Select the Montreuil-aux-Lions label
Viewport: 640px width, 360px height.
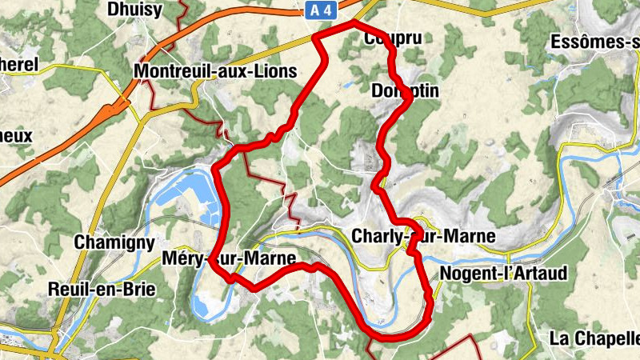pyautogui.click(x=216, y=71)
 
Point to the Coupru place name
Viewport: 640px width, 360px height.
pyautogui.click(x=391, y=38)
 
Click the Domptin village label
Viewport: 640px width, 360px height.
pyautogui.click(x=405, y=91)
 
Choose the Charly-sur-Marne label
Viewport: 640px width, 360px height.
pyautogui.click(x=423, y=237)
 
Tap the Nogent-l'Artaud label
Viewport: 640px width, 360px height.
pyautogui.click(x=503, y=274)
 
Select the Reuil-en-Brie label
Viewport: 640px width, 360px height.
pyautogui.click(x=102, y=289)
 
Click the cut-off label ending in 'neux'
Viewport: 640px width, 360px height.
pyautogui.click(x=15, y=135)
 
